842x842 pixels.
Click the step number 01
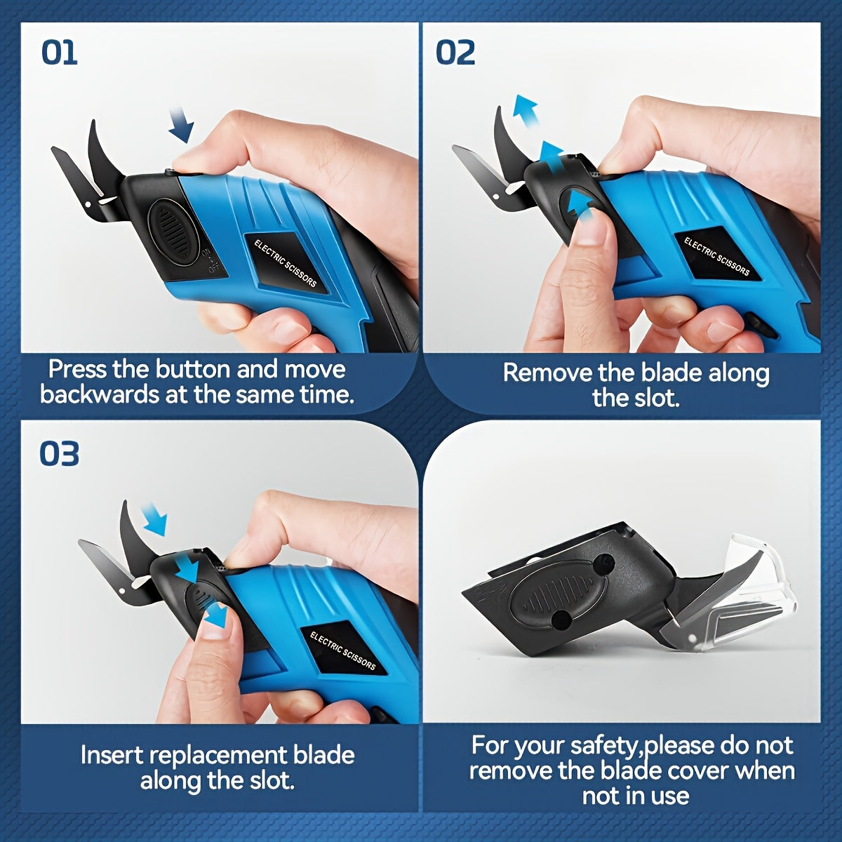coord(59,53)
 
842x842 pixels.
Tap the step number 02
coord(455,53)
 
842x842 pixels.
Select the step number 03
coord(59,454)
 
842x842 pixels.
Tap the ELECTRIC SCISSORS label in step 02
coord(716,256)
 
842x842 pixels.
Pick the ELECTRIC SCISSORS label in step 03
coord(342,650)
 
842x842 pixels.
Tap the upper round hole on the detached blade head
coord(603,562)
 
